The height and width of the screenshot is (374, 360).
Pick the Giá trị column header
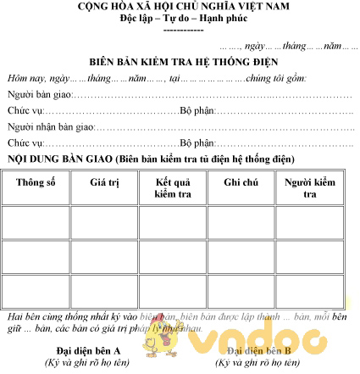pos(103,182)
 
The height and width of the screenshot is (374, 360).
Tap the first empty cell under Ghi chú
pos(241,222)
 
